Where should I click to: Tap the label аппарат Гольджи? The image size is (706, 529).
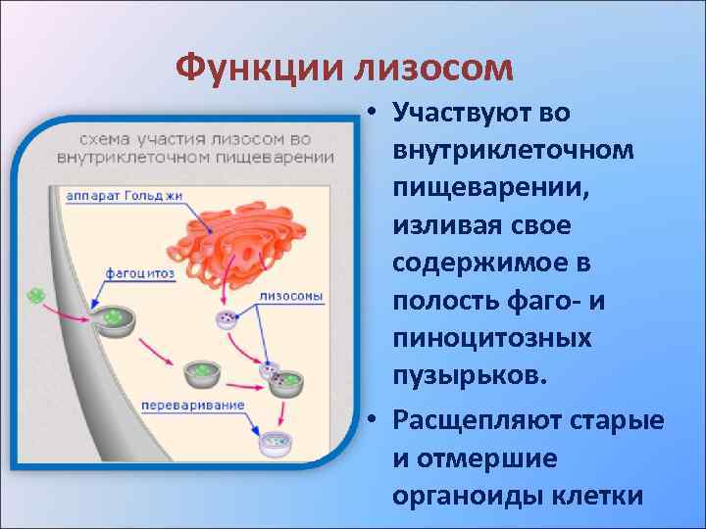coord(125,196)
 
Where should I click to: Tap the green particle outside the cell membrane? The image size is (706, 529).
coord(37,294)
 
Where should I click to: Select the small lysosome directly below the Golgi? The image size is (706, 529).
coord(227,318)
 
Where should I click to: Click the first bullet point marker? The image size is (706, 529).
coord(376,113)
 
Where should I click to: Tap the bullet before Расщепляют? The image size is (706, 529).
coord(376,421)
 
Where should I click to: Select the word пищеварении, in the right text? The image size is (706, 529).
coord(478,188)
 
